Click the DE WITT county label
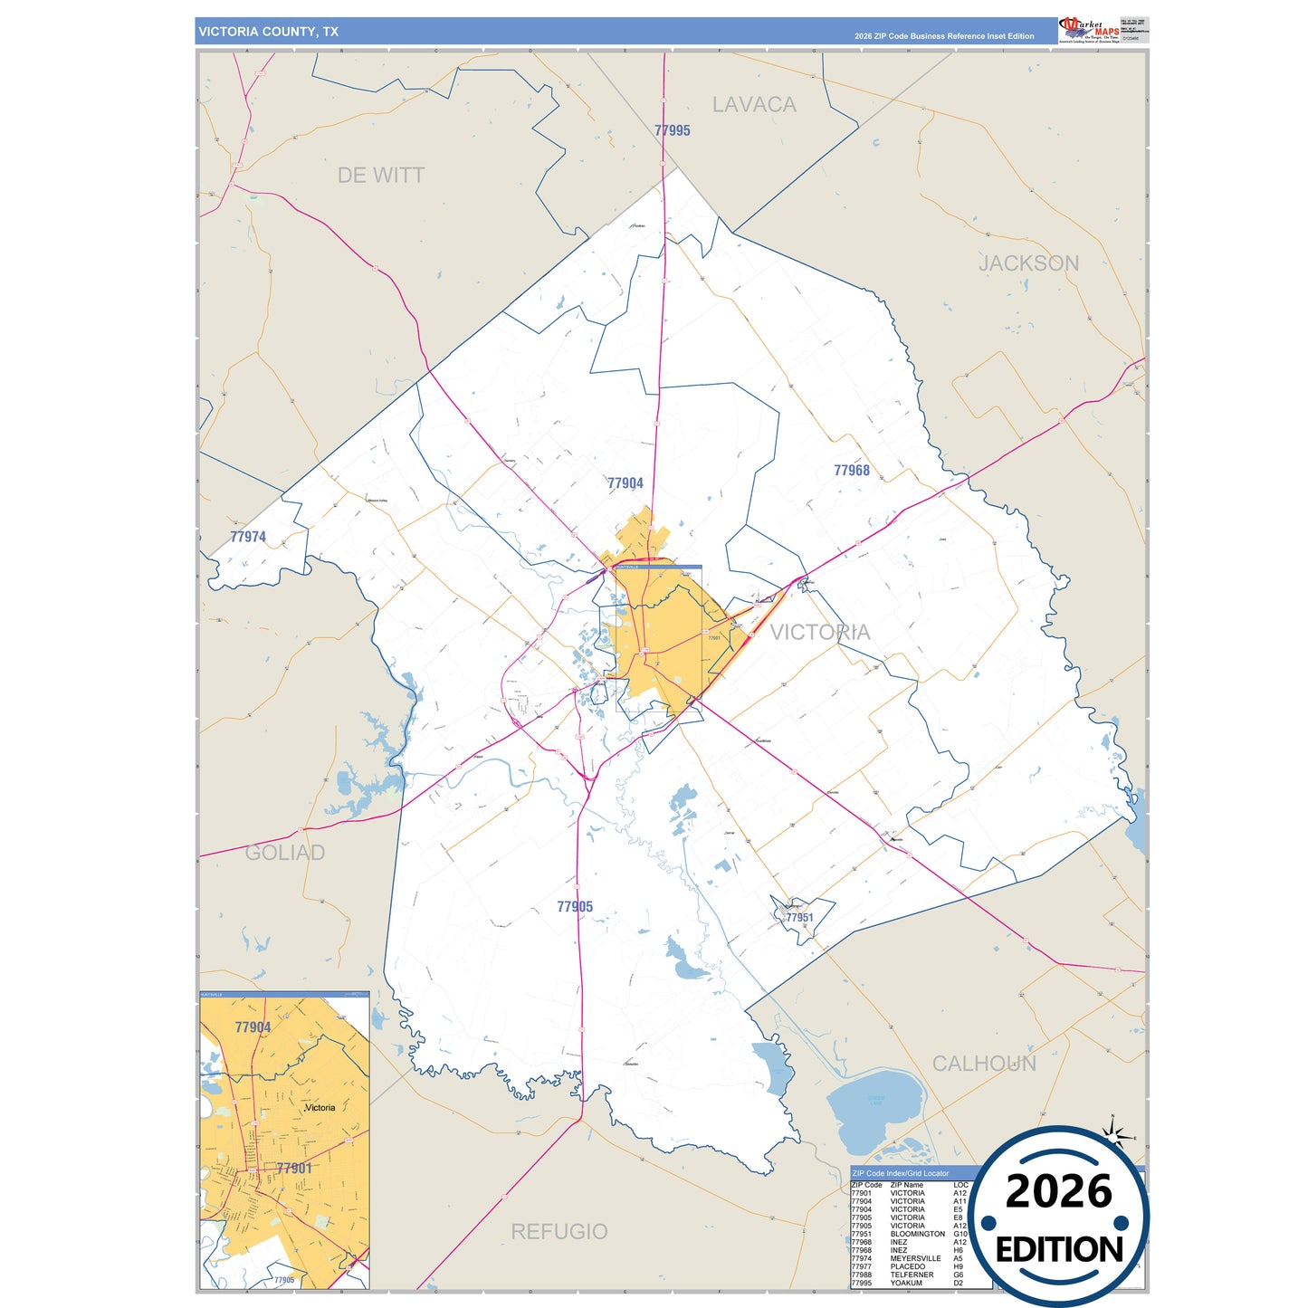point(380,176)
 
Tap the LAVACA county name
point(754,105)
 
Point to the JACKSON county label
point(1028,263)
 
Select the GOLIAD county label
point(285,853)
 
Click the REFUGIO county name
point(559,1231)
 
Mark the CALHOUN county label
point(984,1064)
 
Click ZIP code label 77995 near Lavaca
point(673,130)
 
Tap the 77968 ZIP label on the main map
point(851,471)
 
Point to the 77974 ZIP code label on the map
point(248,537)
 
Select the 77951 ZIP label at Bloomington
point(799,917)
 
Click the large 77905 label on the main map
point(575,907)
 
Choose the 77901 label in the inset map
point(294,1169)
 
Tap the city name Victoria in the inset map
point(320,1107)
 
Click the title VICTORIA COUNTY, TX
point(269,32)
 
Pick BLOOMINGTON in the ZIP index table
point(917,1234)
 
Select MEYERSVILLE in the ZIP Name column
point(915,1258)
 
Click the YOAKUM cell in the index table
point(906,1283)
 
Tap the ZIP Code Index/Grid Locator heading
point(901,1173)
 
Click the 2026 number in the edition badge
point(1058,1191)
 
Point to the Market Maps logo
point(1089,30)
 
